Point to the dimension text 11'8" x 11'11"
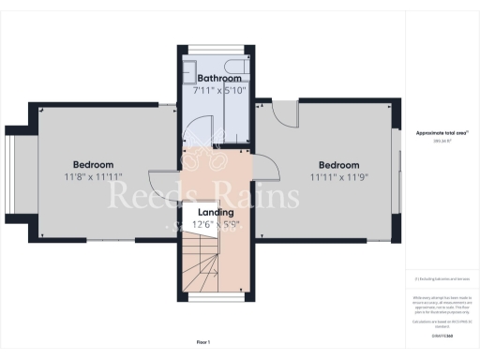pyautogui.click(x=94, y=177)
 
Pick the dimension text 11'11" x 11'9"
pyautogui.click(x=339, y=177)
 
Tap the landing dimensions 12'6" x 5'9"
pyautogui.click(x=217, y=226)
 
